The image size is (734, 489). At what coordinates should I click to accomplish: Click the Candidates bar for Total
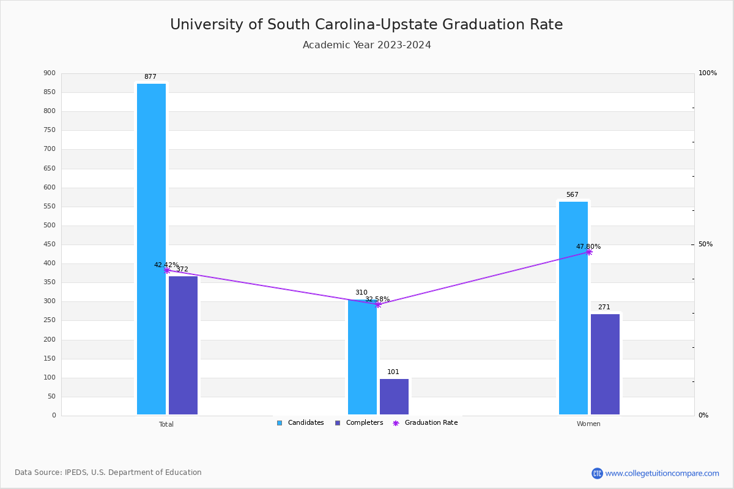pos(151,249)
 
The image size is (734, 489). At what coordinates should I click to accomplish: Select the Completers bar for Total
pos(183,345)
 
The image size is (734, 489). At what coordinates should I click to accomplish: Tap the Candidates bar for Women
pos(573,308)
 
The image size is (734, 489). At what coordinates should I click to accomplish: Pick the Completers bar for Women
pos(605,364)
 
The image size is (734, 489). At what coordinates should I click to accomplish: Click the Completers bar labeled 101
pos(394,397)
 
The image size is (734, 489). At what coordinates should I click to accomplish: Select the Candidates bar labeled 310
pos(362,361)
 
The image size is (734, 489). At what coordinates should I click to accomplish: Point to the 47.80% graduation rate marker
pos(588,252)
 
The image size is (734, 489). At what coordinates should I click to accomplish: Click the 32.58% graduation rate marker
pos(378,304)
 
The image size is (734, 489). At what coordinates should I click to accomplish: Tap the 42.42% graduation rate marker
pos(166,270)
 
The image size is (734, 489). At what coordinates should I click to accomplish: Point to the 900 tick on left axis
pos(50,73)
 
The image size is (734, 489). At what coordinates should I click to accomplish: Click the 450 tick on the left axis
pos(50,244)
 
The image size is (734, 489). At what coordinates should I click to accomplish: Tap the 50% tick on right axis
pos(705,244)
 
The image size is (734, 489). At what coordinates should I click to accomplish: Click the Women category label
pos(588,424)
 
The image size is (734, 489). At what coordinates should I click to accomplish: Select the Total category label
pos(166,424)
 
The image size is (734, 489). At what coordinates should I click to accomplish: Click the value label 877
pos(150,77)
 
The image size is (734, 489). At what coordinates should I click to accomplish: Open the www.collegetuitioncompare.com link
pos(662,473)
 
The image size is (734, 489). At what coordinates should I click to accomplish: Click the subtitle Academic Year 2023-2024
pos(367,45)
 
